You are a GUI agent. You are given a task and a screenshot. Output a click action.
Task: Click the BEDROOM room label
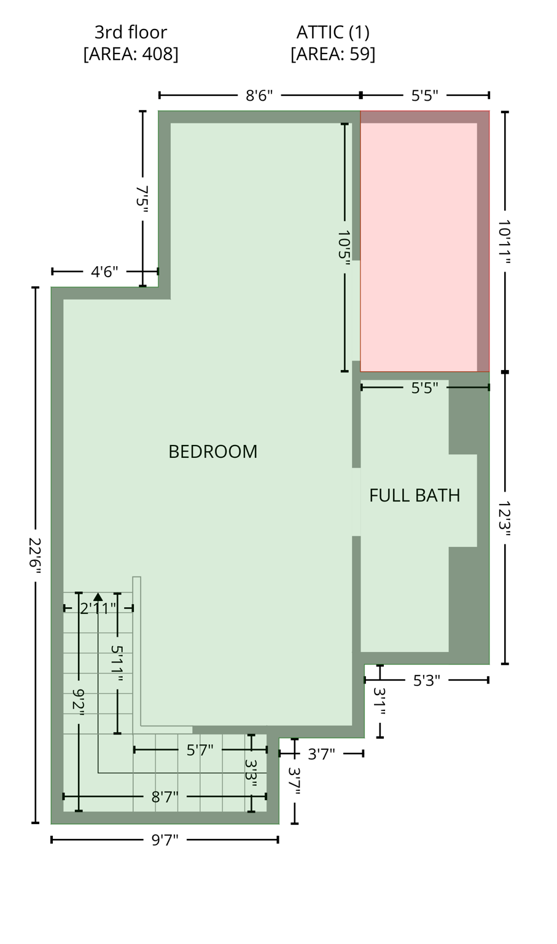pos(212,452)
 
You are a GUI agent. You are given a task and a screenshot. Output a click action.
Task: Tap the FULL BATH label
pos(415,495)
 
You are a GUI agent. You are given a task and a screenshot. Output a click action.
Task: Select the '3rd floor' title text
pos(130,32)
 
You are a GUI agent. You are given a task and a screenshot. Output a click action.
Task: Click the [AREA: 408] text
pos(131,54)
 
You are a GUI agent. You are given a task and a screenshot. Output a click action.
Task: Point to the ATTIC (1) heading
pos(333,32)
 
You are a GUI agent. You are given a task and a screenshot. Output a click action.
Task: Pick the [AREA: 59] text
pos(333,54)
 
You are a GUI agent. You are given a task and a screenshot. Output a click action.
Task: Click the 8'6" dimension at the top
pos(259,96)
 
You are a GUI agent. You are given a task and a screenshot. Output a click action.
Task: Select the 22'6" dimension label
pos(35,556)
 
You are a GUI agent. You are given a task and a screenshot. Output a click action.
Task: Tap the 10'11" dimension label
pos(505,242)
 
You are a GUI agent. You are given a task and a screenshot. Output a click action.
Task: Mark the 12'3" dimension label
pos(505,518)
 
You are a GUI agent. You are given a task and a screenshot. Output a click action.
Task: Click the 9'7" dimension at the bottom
pos(165,840)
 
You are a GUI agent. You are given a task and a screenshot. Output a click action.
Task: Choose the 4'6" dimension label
pos(104,272)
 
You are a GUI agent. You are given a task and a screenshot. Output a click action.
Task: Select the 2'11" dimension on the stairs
pos(98,608)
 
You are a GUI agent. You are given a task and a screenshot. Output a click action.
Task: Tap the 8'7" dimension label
pos(165,797)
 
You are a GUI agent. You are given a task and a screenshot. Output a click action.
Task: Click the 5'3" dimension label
pos(426,680)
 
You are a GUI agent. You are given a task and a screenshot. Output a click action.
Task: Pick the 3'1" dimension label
pos(380,701)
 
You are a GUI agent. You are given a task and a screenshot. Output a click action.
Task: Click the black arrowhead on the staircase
pos(98,596)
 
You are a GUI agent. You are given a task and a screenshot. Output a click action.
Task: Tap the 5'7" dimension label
pos(200,750)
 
